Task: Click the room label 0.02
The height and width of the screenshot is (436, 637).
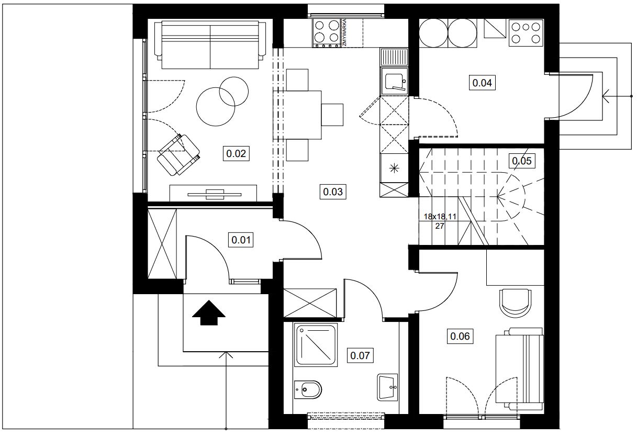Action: pos(236,153)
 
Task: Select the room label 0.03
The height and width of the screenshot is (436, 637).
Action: pos(333,192)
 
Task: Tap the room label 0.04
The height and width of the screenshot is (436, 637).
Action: pos(482,83)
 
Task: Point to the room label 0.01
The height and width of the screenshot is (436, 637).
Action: pos(241,240)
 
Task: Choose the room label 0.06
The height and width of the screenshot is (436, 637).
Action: pos(460,336)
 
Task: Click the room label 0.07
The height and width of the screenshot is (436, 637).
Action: pos(360,355)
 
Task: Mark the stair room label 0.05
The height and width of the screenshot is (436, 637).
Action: pos(522,161)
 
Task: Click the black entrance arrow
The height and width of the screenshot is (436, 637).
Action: pos(209,312)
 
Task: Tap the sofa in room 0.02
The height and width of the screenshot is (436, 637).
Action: pos(210,44)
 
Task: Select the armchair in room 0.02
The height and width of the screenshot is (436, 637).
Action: pos(178,155)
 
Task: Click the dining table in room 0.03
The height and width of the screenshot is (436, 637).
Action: pos(297,115)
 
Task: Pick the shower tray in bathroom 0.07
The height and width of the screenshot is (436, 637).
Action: pos(316,345)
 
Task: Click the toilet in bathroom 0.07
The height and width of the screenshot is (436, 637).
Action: pos(308,389)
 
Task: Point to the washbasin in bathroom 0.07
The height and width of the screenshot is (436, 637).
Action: pos(387,387)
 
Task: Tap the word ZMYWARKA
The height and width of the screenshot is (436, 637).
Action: pos(344,32)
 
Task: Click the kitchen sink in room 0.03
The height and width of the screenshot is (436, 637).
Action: pos(394,81)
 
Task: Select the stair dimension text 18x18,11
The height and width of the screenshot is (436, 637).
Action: pos(440,217)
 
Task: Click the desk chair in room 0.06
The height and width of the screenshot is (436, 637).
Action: pos(515,303)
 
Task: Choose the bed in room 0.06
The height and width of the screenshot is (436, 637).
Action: pos(520,369)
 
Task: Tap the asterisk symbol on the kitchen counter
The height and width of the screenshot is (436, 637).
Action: pos(394,169)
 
